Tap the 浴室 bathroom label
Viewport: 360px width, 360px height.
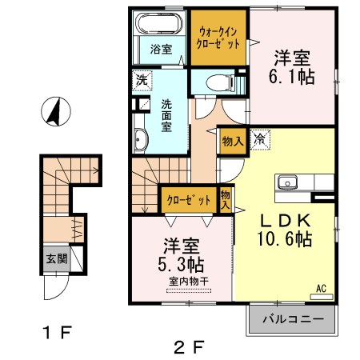click(162, 49)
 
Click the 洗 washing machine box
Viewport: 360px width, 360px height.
click(141, 80)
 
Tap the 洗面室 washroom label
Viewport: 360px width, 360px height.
click(166, 114)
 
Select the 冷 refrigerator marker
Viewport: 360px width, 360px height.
click(261, 140)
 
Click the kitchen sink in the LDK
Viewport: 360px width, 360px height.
click(287, 182)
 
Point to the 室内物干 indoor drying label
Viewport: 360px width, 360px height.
click(187, 281)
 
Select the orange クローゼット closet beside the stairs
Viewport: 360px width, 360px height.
click(189, 198)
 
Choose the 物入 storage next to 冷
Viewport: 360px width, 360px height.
click(233, 140)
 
